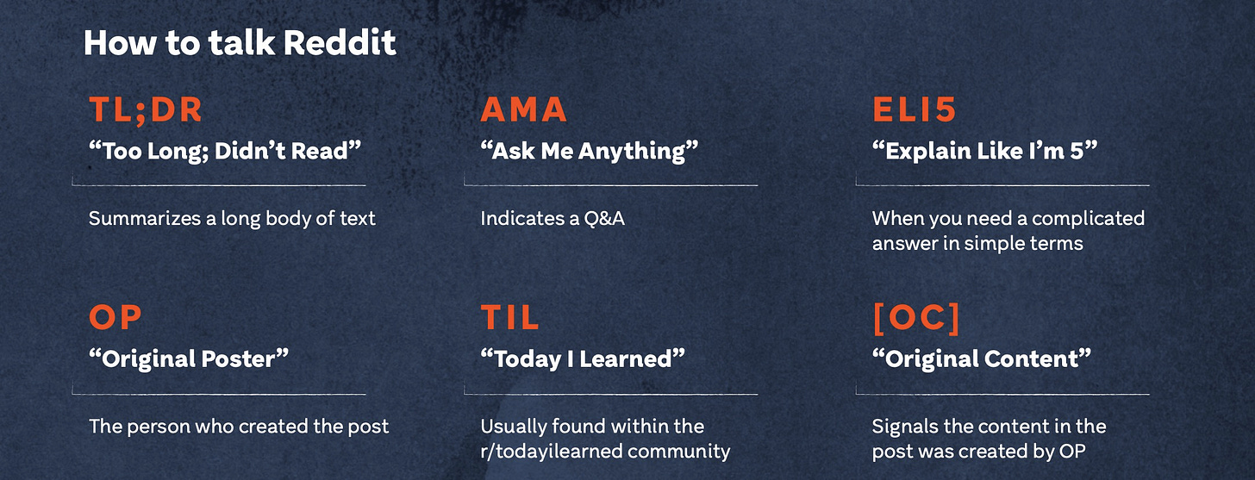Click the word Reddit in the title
coord(340,42)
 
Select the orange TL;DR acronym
coord(146,109)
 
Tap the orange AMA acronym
coord(524,109)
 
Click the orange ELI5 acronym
coord(915,109)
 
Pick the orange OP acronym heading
coord(116,318)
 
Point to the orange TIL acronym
coord(510,318)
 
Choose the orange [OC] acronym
coord(916,318)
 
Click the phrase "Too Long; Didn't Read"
coord(225,151)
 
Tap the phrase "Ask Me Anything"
coord(590,151)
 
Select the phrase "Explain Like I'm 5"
coord(984,151)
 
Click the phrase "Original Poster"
coord(189,359)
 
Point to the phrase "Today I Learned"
coord(583,359)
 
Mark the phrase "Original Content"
coord(982,359)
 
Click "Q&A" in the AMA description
coord(604,218)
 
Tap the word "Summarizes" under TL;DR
coord(145,218)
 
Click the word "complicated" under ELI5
coord(1088,218)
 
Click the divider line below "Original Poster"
coord(219,394)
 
